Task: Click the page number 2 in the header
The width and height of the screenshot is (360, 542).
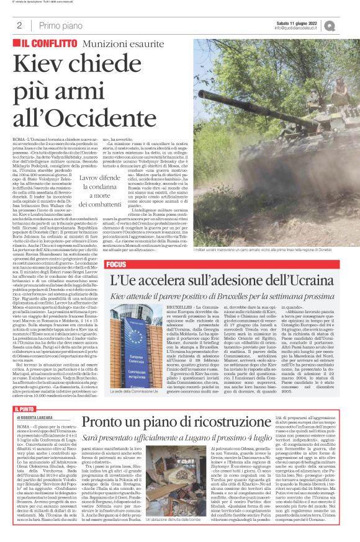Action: point(20,25)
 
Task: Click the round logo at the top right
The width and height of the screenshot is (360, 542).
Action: point(347,25)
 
